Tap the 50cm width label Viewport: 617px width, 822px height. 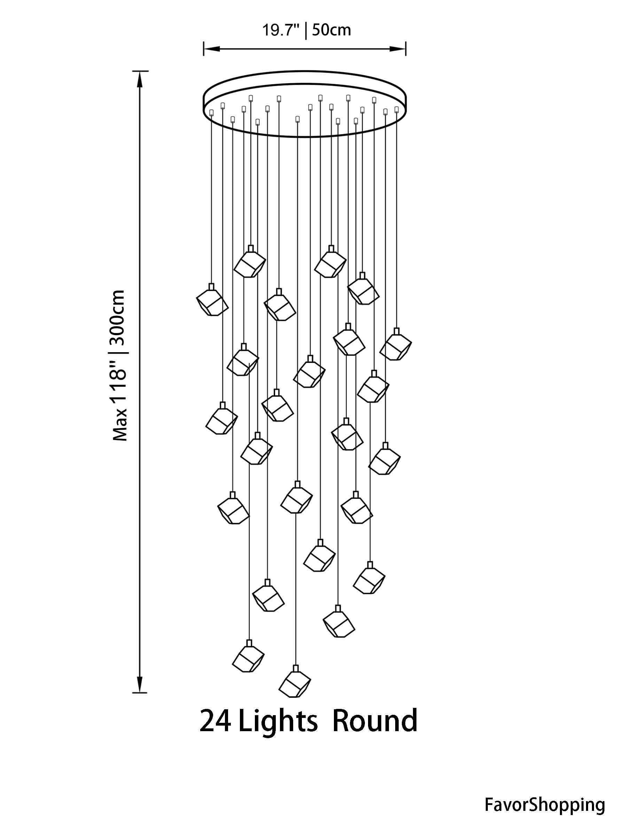click(331, 30)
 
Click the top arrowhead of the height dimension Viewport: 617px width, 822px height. click(140, 78)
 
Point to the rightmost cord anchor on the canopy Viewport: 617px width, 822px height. click(397, 109)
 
